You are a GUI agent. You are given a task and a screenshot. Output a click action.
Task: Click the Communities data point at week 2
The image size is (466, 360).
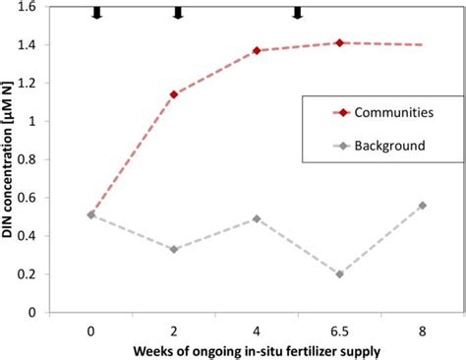pos(174,94)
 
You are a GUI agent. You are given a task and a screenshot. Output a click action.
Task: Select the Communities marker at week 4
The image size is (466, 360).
pos(257,50)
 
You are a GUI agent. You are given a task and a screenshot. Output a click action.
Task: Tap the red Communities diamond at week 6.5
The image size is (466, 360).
pos(338,42)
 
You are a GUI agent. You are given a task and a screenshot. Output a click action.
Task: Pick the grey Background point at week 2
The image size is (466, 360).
pos(174,249)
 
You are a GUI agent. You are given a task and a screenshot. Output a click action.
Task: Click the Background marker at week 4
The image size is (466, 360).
pos(257,218)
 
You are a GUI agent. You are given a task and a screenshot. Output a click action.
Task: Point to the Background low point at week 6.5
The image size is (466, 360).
pos(338,274)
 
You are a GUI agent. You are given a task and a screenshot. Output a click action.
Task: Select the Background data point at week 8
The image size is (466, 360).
pos(421,206)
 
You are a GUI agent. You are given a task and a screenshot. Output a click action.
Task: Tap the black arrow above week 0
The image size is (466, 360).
pos(95,12)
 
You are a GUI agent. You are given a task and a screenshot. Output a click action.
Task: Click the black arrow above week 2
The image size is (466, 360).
pos(178,12)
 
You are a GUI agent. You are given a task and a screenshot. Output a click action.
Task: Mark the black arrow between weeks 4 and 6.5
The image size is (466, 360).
pos(297,12)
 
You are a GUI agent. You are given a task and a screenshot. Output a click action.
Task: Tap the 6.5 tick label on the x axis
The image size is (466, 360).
pos(338,329)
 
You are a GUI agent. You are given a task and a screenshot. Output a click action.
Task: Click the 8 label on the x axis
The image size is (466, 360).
pos(421,329)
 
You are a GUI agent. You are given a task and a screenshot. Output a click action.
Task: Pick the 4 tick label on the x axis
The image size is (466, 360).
pos(257,329)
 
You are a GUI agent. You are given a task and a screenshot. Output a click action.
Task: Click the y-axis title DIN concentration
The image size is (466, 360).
pos(11,162)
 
